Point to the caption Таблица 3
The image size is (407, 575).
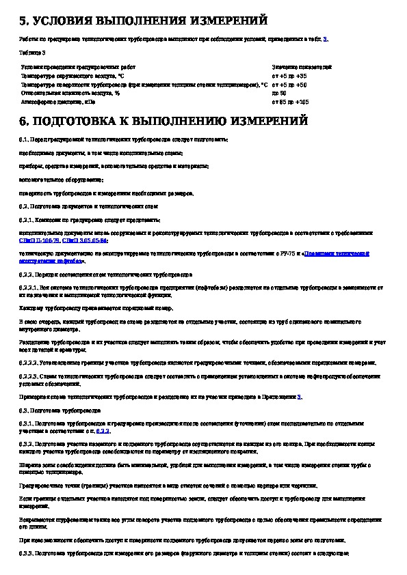(x=33, y=52)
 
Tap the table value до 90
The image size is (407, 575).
(x=279, y=93)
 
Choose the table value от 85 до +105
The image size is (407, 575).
(x=291, y=101)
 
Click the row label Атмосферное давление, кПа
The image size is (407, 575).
(x=58, y=101)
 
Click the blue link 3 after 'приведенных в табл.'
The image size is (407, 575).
(x=326, y=39)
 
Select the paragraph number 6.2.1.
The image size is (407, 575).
(x=27, y=220)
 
